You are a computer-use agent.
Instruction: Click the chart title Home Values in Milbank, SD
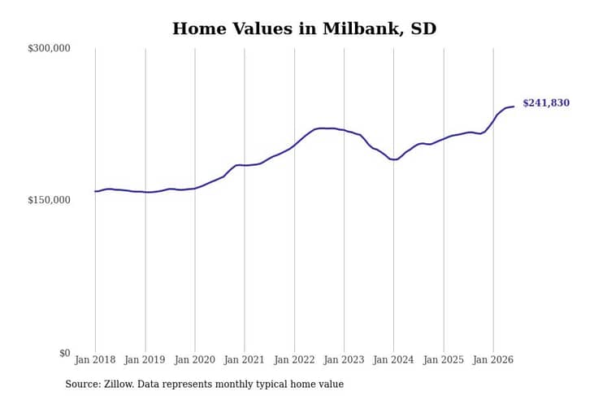coord(304,28)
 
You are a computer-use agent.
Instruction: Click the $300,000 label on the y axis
coord(49,48)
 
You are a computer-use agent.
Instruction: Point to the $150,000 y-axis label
coord(49,200)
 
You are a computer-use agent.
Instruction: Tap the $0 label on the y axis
coord(65,353)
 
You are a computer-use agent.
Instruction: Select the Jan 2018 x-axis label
coord(95,359)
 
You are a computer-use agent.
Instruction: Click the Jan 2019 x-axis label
coord(145,359)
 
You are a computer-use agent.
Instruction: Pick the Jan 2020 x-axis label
coord(195,359)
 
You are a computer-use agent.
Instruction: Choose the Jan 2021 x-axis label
coord(244,359)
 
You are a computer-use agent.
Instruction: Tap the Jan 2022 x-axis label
coord(294,359)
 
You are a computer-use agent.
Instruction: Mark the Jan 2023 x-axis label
coord(344,359)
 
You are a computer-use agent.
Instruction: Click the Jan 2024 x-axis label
coord(393,359)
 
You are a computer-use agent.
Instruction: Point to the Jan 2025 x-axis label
coord(443,359)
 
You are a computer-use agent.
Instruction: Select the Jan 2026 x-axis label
coord(493,359)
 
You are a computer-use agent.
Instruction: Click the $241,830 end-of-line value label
coord(546,103)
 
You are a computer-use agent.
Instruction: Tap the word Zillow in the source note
coord(119,384)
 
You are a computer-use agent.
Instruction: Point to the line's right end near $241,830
coord(514,107)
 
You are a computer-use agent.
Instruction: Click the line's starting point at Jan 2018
coord(95,191)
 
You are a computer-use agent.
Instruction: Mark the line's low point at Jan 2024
coord(394,159)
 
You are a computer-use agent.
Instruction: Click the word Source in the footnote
coord(83,384)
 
